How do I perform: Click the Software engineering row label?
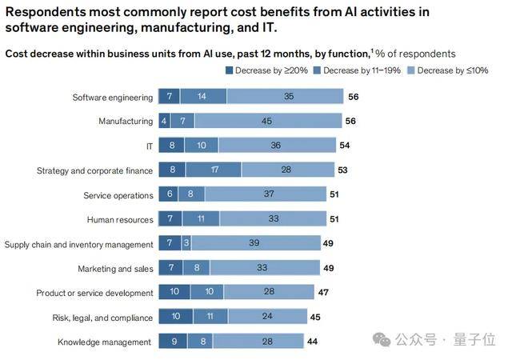pos(112,97)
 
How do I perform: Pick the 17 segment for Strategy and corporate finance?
pos(213,170)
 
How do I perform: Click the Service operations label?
pos(118,195)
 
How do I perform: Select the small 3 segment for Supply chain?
pos(186,244)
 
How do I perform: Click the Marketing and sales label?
pos(115,269)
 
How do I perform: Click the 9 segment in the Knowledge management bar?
pos(174,342)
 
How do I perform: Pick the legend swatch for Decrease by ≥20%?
pos(231,70)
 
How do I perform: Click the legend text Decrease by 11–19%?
pos(358,70)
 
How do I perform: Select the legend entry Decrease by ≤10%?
pos(452,70)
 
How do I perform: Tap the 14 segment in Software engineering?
pos(203,97)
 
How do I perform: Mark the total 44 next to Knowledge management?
pos(311,342)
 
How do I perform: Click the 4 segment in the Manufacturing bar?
pos(163,122)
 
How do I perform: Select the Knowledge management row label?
pos(105,342)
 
